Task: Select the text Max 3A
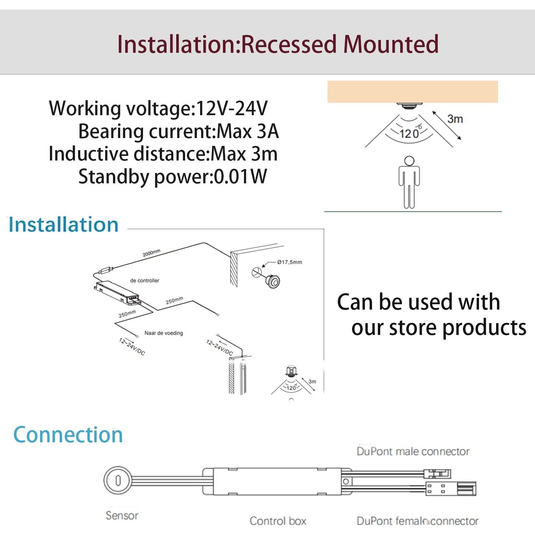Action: point(248,131)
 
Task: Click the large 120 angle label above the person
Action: point(409,134)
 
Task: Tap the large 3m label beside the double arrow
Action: point(455,119)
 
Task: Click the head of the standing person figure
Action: point(409,161)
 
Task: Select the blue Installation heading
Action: point(63,225)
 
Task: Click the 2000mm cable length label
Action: point(151,253)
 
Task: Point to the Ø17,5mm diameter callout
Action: point(290,262)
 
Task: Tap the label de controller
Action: point(144,281)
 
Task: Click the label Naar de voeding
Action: point(164,333)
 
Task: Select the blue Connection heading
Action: point(68,435)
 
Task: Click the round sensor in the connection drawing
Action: point(118,480)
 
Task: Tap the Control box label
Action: point(278,521)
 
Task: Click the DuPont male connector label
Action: point(413,452)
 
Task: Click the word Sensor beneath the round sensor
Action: point(122,515)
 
